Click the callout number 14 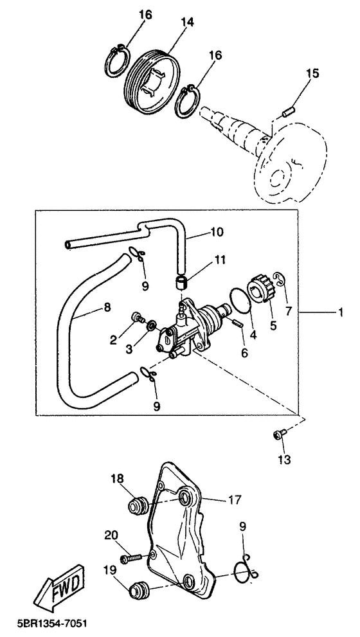click(187, 22)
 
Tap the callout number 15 click(312, 73)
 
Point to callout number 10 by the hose click(217, 232)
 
